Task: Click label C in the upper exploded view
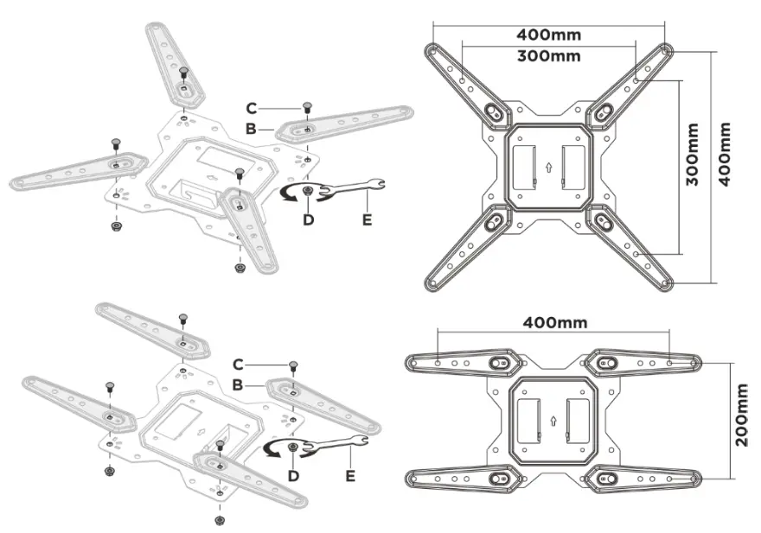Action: click(x=251, y=108)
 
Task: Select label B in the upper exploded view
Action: click(x=251, y=129)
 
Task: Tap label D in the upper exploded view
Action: click(x=308, y=219)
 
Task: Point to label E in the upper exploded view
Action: click(x=367, y=219)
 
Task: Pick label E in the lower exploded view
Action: click(x=350, y=474)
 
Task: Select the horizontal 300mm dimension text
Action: click(x=548, y=56)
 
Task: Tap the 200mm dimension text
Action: click(x=742, y=416)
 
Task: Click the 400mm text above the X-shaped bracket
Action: click(x=548, y=35)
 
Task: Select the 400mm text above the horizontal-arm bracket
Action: click(x=554, y=322)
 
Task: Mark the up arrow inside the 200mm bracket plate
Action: click(x=552, y=422)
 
